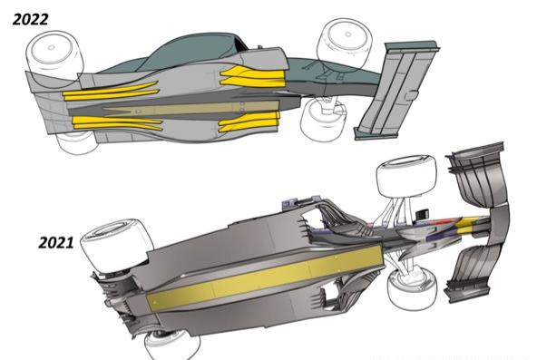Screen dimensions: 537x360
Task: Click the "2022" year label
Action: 31,20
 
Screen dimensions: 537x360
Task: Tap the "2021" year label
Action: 56,243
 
